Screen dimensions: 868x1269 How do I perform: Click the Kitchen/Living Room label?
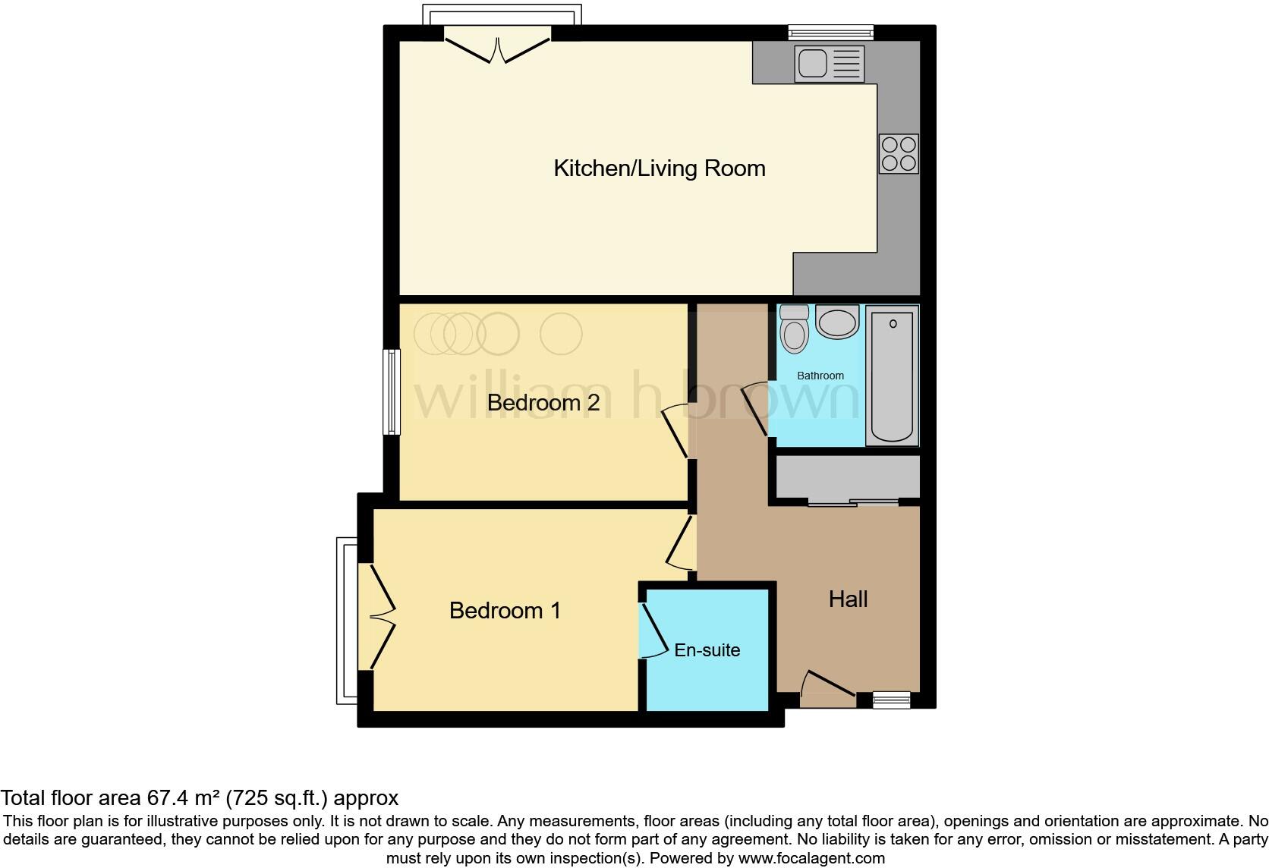point(659,168)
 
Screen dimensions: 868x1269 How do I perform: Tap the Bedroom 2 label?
point(543,402)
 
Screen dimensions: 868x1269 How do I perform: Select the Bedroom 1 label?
point(505,610)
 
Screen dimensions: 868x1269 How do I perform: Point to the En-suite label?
point(707,650)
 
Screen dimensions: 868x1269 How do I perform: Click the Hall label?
point(848,599)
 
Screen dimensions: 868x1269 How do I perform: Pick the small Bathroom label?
point(820,376)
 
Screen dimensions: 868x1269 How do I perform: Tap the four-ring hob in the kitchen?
point(899,153)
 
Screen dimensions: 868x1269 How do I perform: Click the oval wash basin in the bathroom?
point(837,322)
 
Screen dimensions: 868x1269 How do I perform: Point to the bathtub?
point(892,376)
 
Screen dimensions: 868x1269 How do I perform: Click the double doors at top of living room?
point(497,46)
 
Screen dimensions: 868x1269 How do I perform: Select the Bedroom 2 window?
point(392,392)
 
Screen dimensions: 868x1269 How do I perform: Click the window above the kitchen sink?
point(830,32)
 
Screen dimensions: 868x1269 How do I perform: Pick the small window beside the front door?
point(891,700)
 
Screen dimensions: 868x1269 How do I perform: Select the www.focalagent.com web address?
point(811,858)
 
